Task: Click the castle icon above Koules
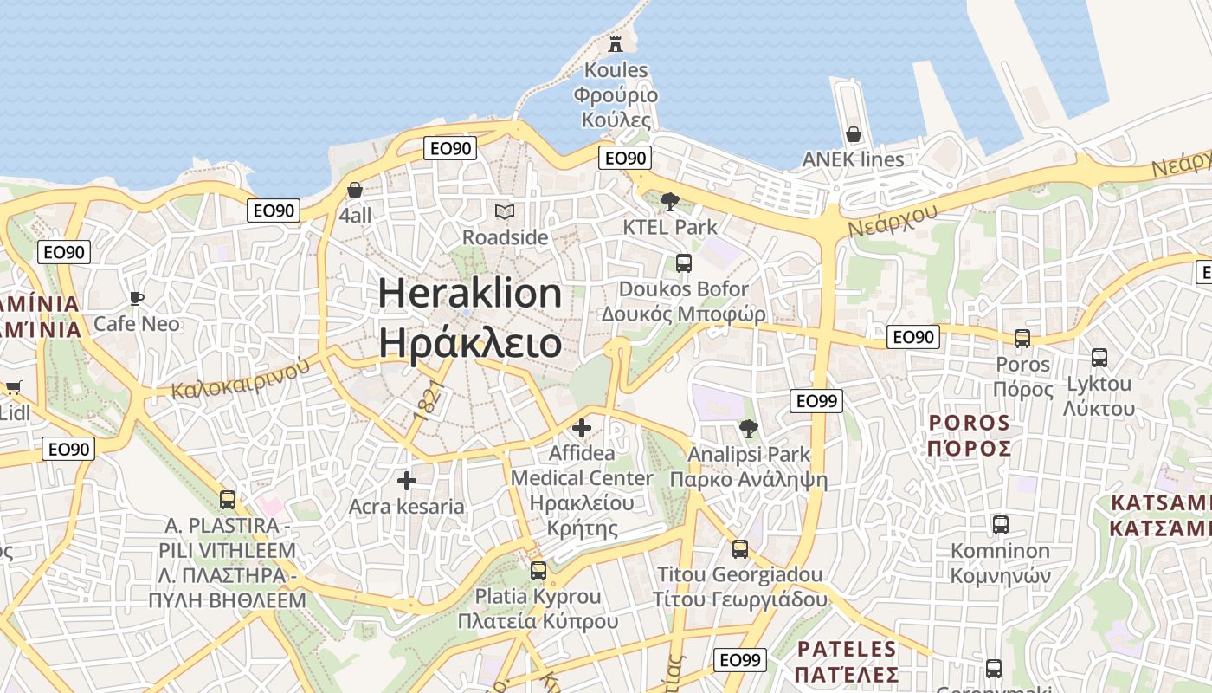tap(616, 43)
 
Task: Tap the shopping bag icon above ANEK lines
tap(854, 134)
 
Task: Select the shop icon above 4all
tap(355, 190)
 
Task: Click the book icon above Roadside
tap(505, 211)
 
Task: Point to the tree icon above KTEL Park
tap(669, 202)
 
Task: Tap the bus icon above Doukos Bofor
tap(684, 262)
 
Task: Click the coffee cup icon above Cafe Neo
tap(137, 298)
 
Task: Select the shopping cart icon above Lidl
tap(13, 387)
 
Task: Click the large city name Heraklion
tap(470, 295)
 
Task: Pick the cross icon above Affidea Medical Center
tap(582, 428)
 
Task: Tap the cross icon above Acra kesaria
tap(407, 481)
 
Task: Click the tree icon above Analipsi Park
tap(749, 428)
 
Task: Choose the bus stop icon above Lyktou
tap(1099, 357)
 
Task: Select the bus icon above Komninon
tap(1001, 524)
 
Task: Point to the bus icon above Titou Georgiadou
tap(740, 548)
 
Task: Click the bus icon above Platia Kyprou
tap(538, 570)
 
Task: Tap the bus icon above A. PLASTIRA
tap(228, 499)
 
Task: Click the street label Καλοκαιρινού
tap(241, 379)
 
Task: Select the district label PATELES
tap(847, 649)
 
